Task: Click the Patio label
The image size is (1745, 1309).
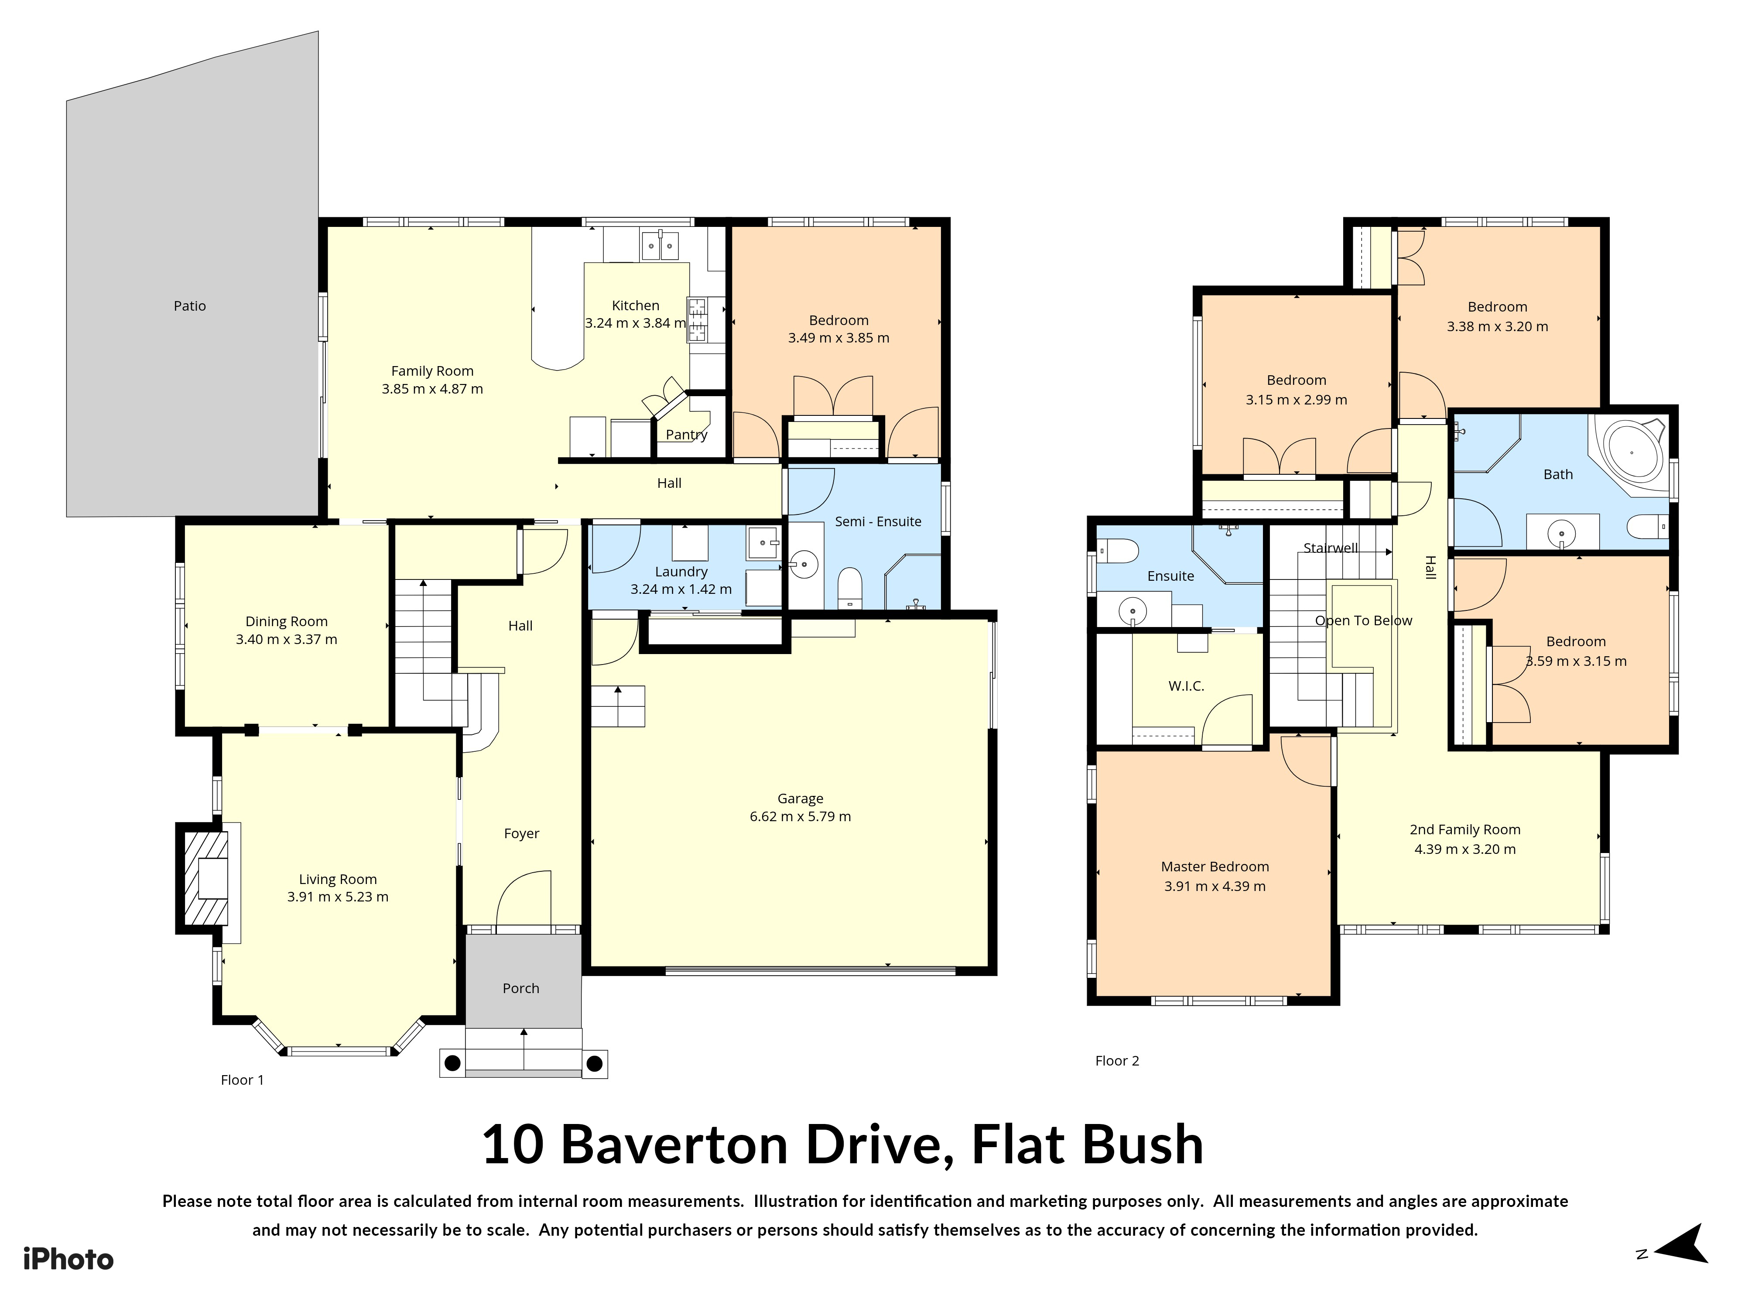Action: pyautogui.click(x=189, y=306)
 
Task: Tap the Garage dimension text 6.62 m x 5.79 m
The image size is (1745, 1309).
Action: pyautogui.click(x=800, y=817)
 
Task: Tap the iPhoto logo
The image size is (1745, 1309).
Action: pyautogui.click(x=68, y=1259)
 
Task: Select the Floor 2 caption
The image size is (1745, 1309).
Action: pyautogui.click(x=1117, y=1061)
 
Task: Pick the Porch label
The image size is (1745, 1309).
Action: pyautogui.click(x=520, y=989)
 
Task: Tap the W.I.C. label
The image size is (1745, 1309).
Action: pyautogui.click(x=1186, y=686)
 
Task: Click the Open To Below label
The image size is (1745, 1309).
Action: pyautogui.click(x=1363, y=621)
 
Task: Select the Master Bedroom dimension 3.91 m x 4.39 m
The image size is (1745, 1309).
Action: pyautogui.click(x=1215, y=887)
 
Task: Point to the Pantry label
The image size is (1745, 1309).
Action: pyautogui.click(x=686, y=435)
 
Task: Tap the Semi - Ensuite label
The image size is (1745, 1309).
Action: pyautogui.click(x=878, y=521)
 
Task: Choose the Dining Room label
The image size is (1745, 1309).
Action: pyautogui.click(x=286, y=622)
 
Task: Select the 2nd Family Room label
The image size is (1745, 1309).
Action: pyautogui.click(x=1465, y=830)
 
